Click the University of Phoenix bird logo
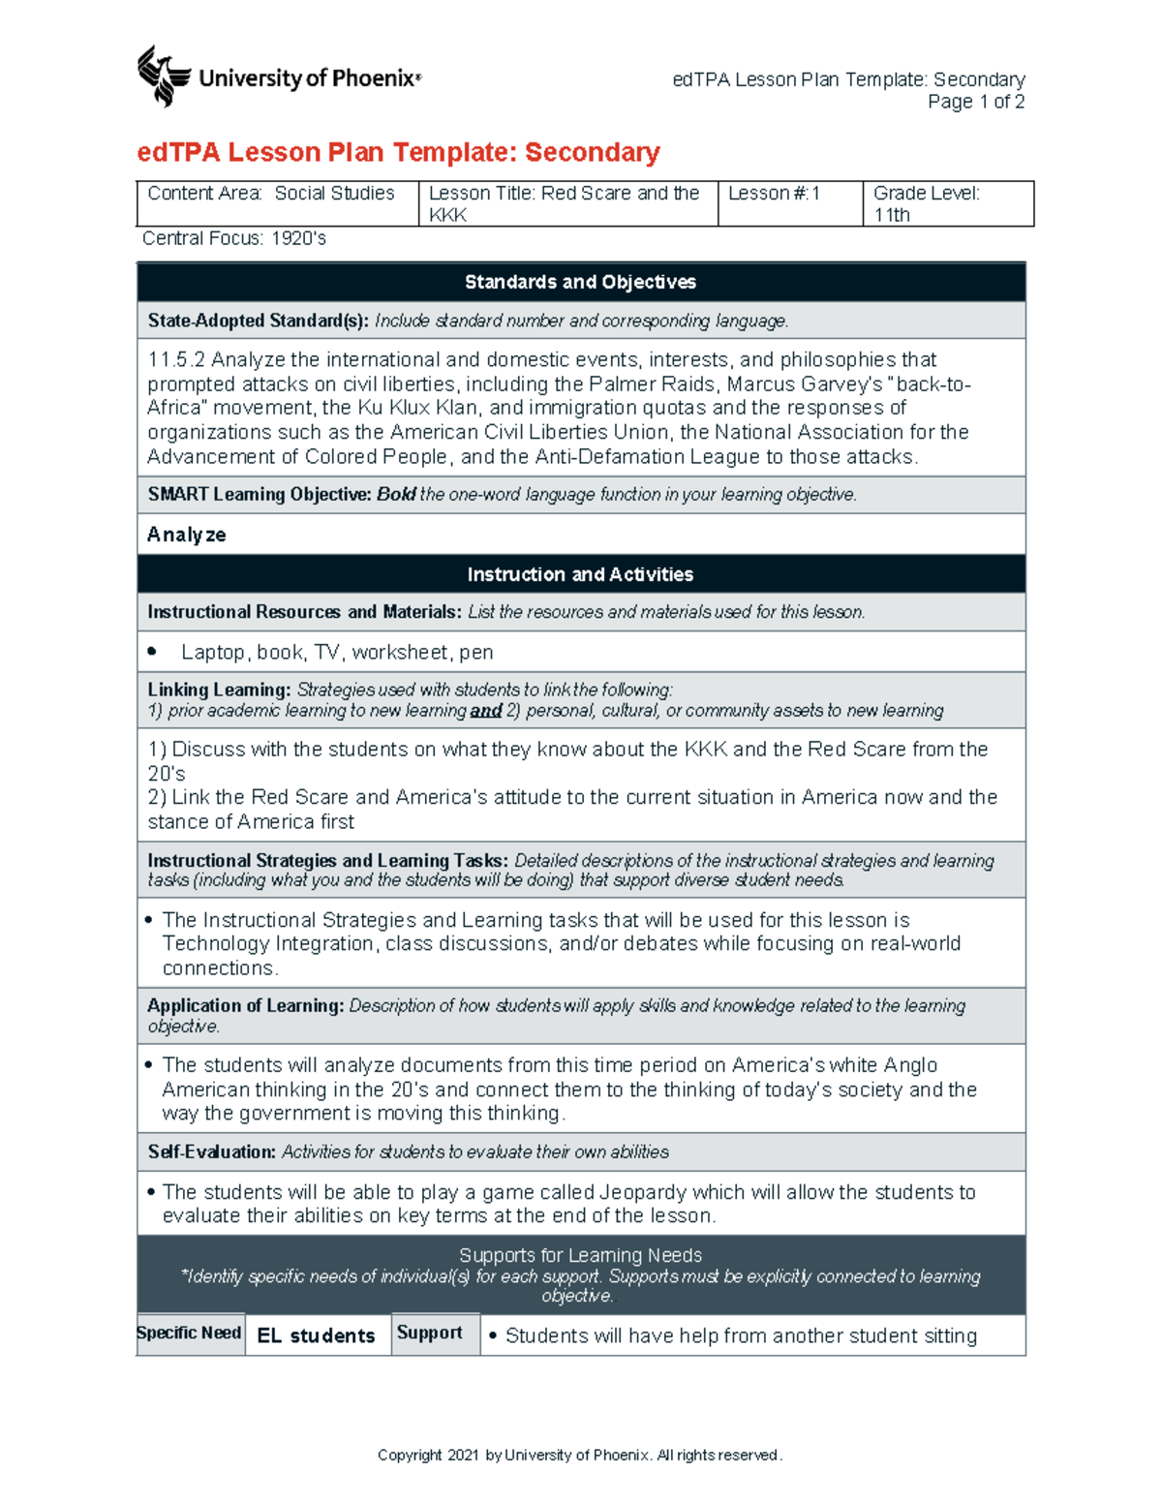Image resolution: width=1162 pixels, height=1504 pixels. pos(163,76)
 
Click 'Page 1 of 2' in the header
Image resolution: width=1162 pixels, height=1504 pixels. pos(975,102)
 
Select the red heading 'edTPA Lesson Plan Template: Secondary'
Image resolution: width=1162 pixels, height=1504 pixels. pos(398,152)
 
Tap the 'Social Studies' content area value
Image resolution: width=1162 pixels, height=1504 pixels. pos(334,194)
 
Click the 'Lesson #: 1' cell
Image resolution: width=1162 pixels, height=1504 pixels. pos(774,194)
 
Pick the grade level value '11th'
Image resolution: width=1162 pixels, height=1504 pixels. pos(892,215)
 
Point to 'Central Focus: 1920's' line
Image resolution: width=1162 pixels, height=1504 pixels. pos(234,238)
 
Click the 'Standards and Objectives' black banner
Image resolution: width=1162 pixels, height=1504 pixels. pos(580,282)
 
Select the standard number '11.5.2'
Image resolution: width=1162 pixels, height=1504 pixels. pos(176,360)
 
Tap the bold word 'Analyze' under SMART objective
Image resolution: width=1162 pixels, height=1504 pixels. pos(186,535)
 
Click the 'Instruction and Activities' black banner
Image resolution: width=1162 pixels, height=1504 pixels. pos(580,574)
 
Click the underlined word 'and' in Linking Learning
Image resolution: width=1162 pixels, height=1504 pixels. pos(485,711)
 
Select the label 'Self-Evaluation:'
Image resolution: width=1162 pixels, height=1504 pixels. pos(211,1151)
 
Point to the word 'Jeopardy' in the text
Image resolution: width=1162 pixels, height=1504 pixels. pos(642,1192)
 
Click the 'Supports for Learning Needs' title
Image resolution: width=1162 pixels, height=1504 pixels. pos(580,1255)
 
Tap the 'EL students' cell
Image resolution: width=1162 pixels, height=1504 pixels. pos(316,1335)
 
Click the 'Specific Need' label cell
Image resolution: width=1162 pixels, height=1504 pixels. pos(189,1334)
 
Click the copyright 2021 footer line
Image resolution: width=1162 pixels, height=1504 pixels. pos(580,1455)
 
